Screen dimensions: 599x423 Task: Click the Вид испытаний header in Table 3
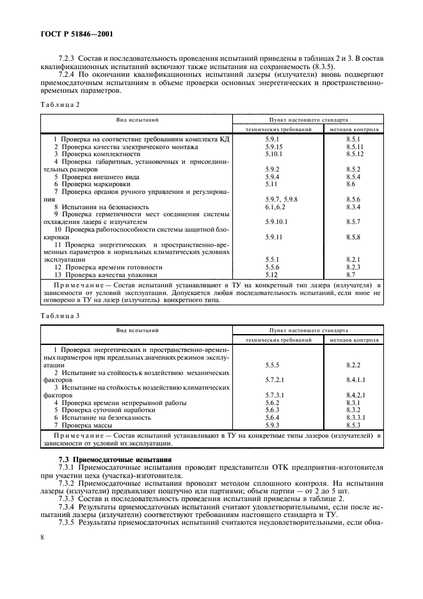[x=137, y=330]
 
